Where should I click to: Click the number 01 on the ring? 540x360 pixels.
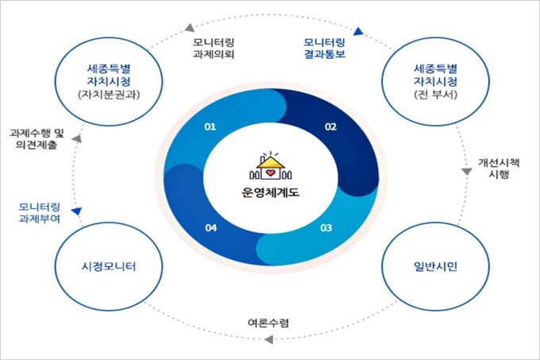tap(210, 127)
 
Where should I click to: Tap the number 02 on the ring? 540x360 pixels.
tap(330, 127)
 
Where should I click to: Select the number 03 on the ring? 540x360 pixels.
tap(326, 228)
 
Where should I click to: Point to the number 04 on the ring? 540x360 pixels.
tap(210, 228)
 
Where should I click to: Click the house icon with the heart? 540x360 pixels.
tap(271, 166)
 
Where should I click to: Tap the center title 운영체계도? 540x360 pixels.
tap(270, 192)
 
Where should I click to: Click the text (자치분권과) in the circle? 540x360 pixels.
tap(109, 95)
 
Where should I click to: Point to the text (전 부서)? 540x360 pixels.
tap(436, 95)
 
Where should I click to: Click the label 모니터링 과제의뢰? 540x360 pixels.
tap(214, 48)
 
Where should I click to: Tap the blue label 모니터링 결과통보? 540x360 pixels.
tap(324, 48)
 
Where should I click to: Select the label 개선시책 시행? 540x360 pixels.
tap(499, 168)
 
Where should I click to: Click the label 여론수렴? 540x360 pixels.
tap(268, 323)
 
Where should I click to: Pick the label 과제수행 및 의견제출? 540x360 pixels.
tap(37, 139)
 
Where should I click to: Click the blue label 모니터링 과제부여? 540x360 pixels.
tap(39, 213)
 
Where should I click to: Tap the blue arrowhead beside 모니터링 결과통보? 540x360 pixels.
tap(358, 31)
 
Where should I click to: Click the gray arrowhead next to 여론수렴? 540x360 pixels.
tap(269, 339)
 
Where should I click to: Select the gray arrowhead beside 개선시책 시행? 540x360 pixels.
tap(467, 171)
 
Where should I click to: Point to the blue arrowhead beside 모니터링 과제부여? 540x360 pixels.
tap(76, 211)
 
